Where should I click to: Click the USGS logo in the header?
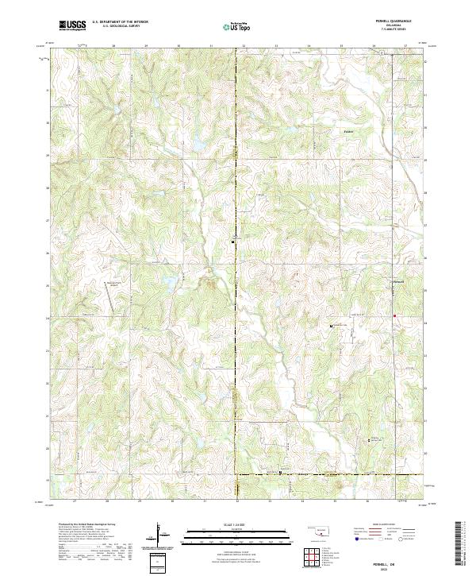point(72,25)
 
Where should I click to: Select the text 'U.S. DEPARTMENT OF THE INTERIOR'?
point(119,22)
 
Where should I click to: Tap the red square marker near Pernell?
point(394,315)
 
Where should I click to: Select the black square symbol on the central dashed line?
point(232,241)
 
